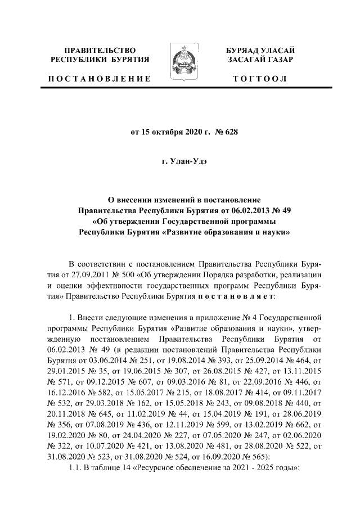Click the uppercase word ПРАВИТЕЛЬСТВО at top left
(100, 50)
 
